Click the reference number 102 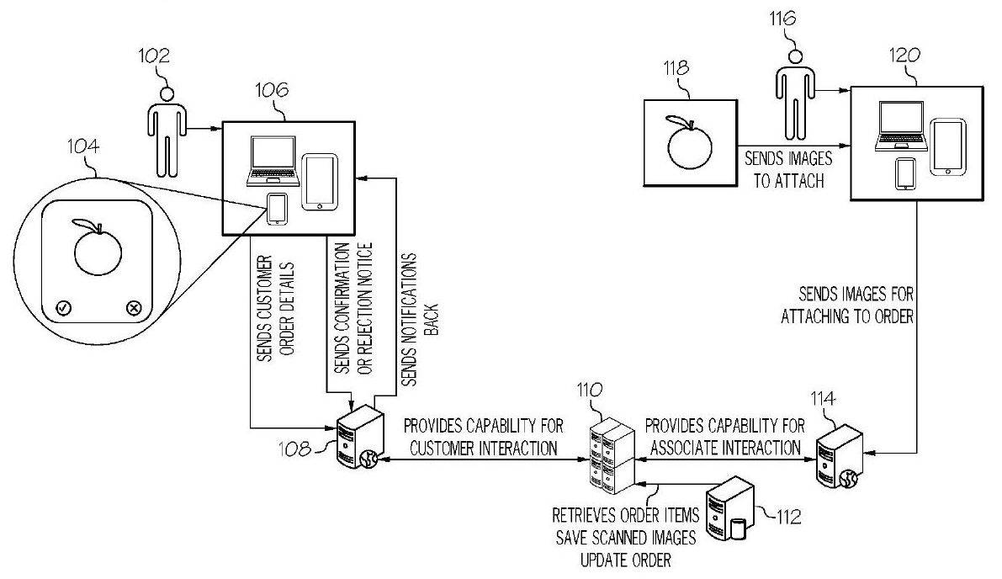click(x=155, y=56)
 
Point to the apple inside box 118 click(x=688, y=141)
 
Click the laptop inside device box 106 click(x=273, y=161)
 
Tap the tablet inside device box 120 click(x=947, y=146)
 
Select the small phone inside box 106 click(x=277, y=209)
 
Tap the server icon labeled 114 click(x=840, y=457)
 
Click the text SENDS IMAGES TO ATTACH click(x=788, y=169)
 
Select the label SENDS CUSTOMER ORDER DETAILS click(x=276, y=309)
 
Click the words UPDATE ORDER click(x=626, y=560)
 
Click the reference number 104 click(x=83, y=147)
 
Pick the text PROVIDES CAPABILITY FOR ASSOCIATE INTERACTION click(x=725, y=437)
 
